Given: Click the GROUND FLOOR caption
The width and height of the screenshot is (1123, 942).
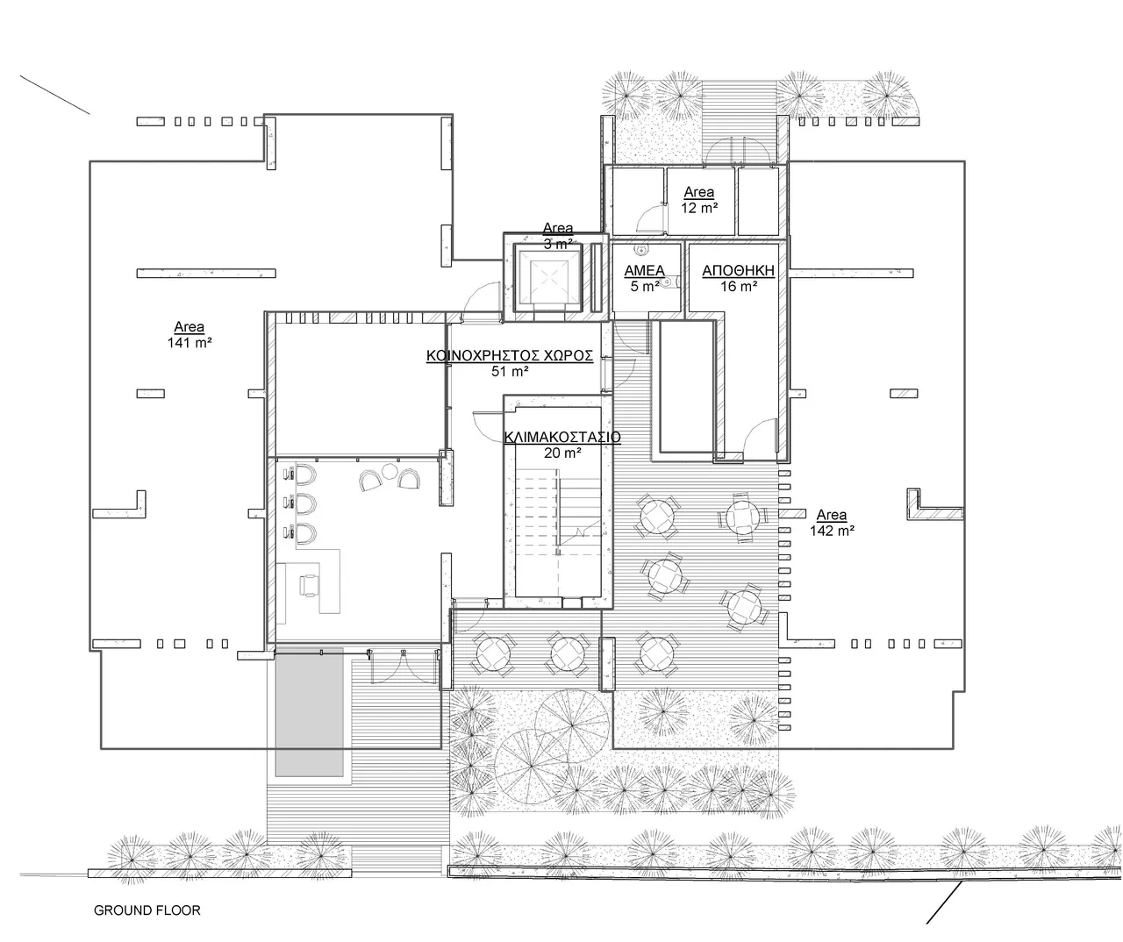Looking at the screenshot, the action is [x=147, y=910].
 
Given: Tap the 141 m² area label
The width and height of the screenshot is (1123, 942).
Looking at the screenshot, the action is [x=190, y=342].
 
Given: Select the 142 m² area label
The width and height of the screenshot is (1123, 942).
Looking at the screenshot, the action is [x=832, y=531].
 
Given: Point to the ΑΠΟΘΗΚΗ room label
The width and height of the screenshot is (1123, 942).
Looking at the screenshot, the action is [x=738, y=271].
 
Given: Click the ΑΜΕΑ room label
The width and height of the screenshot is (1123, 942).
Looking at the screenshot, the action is [x=644, y=271].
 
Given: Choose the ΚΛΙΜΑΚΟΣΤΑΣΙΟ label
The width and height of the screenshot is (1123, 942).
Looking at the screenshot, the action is [x=562, y=437].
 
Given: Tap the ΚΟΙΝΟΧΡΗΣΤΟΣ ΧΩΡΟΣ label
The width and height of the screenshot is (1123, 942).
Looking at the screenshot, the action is [x=510, y=356].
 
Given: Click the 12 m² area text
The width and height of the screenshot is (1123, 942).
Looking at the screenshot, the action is [x=699, y=208].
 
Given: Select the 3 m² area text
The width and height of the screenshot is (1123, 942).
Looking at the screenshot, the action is [x=558, y=244].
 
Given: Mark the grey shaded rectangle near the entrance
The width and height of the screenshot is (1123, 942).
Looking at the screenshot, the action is [x=309, y=712].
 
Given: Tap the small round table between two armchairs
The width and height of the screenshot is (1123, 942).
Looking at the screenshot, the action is [x=389, y=472].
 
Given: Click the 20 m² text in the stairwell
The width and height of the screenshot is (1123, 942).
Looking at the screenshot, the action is [x=562, y=453].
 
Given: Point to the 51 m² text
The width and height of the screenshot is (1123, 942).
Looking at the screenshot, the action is [x=510, y=372].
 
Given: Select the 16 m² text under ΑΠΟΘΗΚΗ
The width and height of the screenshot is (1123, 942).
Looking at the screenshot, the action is [x=739, y=287].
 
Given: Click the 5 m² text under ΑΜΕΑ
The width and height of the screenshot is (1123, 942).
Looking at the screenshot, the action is [x=644, y=287].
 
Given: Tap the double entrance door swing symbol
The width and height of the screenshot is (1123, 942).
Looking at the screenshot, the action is [x=403, y=667].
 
